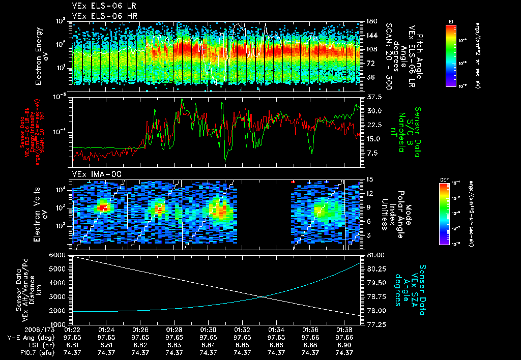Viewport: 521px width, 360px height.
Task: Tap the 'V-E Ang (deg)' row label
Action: click(30, 337)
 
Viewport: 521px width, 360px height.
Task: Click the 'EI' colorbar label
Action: click(451, 21)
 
